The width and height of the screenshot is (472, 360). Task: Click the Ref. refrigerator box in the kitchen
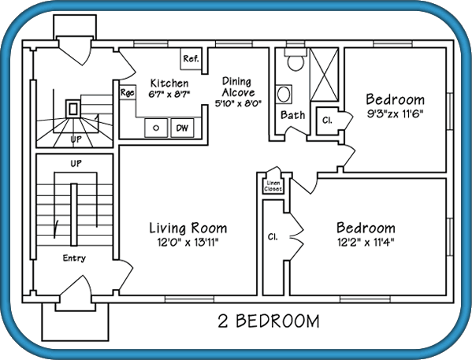pyautogui.click(x=191, y=59)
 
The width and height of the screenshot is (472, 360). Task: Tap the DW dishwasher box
pyautogui.click(x=182, y=128)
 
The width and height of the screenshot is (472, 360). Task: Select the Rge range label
pyautogui.click(x=128, y=92)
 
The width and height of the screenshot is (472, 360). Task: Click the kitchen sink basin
pyautogui.click(x=156, y=128)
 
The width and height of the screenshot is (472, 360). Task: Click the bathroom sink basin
pyautogui.click(x=283, y=95)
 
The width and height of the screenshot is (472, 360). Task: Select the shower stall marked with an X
pyautogui.click(x=324, y=75)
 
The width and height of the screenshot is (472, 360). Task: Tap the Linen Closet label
pyautogui.click(x=273, y=186)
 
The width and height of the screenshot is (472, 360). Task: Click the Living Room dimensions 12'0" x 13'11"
pyautogui.click(x=188, y=242)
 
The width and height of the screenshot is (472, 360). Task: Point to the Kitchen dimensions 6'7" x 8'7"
pyautogui.click(x=169, y=95)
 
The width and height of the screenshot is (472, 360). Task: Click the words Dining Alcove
pyautogui.click(x=238, y=87)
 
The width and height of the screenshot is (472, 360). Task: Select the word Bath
pyautogui.click(x=292, y=115)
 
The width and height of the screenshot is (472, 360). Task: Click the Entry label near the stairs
pyautogui.click(x=74, y=258)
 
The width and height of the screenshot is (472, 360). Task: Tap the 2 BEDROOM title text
pyautogui.click(x=269, y=321)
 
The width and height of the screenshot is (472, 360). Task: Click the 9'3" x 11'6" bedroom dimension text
pyautogui.click(x=396, y=114)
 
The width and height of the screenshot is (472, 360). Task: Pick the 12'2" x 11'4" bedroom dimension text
pyautogui.click(x=366, y=242)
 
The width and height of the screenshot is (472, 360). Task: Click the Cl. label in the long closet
pyautogui.click(x=273, y=237)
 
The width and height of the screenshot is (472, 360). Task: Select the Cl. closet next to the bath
pyautogui.click(x=327, y=121)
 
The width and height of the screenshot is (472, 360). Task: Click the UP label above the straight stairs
pyautogui.click(x=76, y=163)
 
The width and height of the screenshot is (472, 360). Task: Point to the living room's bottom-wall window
pyautogui.click(x=189, y=299)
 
